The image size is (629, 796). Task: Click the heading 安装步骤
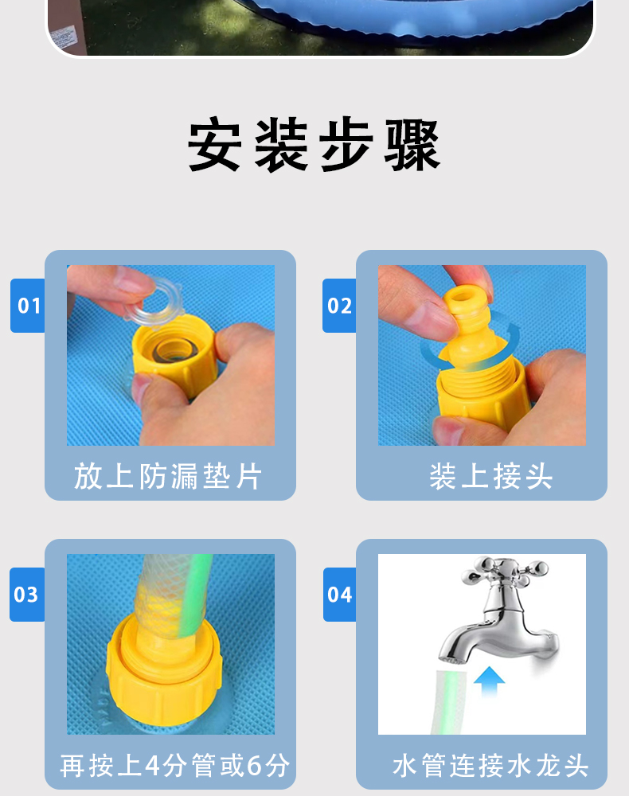[x=314, y=145]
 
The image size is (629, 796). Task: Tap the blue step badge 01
[x=28, y=306]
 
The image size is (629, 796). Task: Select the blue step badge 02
[x=339, y=306]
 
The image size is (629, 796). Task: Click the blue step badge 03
[x=27, y=595]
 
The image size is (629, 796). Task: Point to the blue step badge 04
[x=340, y=595]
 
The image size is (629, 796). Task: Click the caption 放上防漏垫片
[x=168, y=476]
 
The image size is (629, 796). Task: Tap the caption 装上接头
[x=491, y=476]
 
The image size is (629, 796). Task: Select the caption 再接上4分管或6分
[x=175, y=765]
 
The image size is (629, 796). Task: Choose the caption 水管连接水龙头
[x=491, y=765]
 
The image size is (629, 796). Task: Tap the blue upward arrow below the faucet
[x=489, y=681]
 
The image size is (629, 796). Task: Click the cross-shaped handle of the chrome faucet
[x=505, y=570]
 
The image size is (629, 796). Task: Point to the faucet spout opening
[x=451, y=659]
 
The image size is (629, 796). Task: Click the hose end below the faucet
[x=450, y=702]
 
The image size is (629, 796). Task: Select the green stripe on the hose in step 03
[x=195, y=594]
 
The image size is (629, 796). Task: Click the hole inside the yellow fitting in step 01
[x=173, y=350]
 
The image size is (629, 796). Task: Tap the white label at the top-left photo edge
[x=62, y=38]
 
